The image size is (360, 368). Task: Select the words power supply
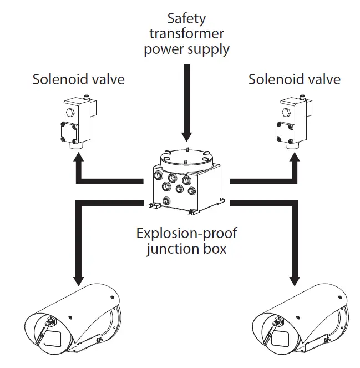[186, 49]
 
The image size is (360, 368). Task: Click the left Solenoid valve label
[78, 79]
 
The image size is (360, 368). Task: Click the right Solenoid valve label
[294, 79]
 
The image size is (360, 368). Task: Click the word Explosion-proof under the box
[186, 233]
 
